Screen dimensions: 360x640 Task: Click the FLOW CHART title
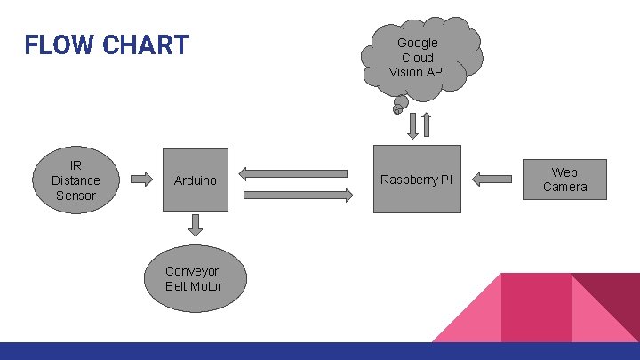point(107,44)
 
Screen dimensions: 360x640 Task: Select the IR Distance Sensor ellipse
point(76,180)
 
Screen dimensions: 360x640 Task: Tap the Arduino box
point(196,180)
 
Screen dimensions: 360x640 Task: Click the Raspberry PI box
point(417,180)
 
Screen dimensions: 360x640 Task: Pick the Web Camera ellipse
point(564,180)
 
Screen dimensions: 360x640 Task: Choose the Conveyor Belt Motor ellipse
point(194,279)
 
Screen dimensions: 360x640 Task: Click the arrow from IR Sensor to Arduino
point(141,180)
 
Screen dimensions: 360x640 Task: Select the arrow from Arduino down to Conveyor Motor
point(196,225)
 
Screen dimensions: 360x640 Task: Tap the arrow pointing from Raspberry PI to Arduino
point(293,172)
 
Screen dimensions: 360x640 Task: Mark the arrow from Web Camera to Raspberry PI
point(492,180)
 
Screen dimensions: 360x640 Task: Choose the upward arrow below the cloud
point(426,125)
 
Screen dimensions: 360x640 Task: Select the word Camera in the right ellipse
point(564,187)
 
